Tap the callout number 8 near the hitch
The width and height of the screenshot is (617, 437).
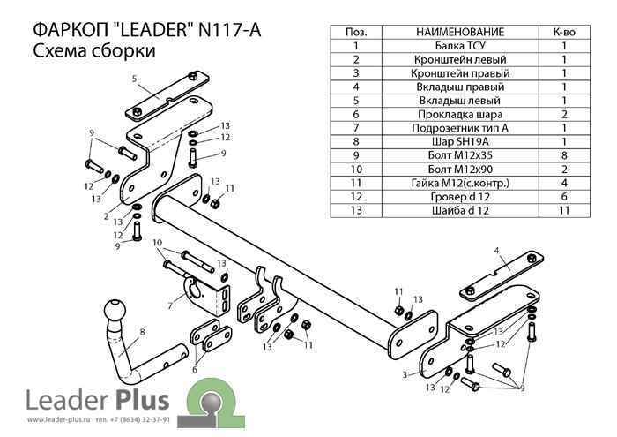point(142,333)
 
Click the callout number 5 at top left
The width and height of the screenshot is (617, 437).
point(135,79)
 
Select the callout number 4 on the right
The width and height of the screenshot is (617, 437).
point(497,251)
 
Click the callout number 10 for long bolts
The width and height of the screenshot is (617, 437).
point(157,242)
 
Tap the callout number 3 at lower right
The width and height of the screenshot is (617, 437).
point(404,376)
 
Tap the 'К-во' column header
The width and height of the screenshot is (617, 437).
point(563,31)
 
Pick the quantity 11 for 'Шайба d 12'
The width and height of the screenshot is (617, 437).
point(563,210)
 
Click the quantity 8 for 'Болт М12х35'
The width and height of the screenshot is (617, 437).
point(563,154)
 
